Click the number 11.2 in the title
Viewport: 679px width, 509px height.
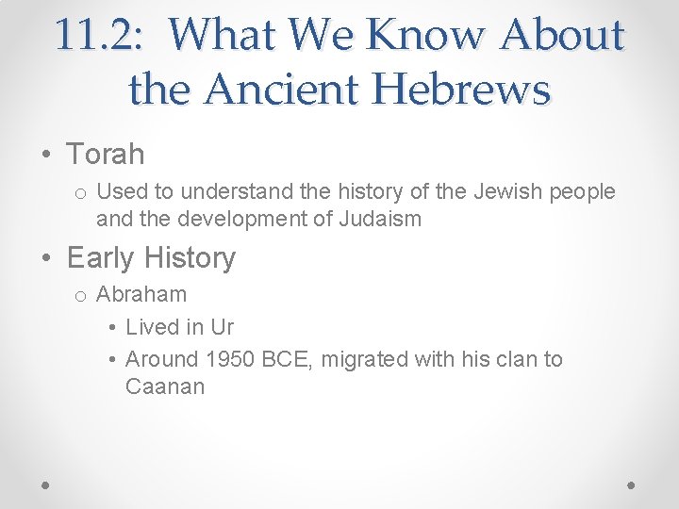(95, 35)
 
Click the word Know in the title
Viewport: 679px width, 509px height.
(416, 35)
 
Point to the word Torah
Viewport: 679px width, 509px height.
(105, 153)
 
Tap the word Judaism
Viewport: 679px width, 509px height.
(373, 220)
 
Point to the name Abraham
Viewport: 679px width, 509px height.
(141, 294)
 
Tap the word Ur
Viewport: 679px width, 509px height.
(222, 327)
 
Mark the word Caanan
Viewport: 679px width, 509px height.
(165, 386)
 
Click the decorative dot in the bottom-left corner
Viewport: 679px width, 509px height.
(46, 484)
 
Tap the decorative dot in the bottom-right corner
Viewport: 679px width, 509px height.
(631, 484)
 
